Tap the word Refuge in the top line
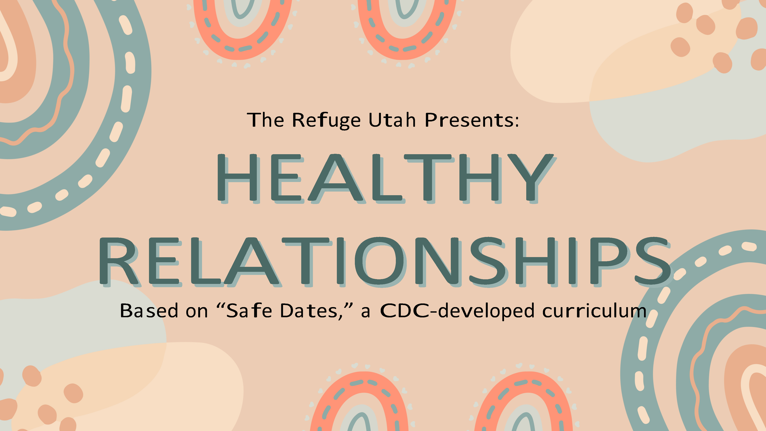(326, 120)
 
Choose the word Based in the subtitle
(149, 311)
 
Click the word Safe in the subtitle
(249, 311)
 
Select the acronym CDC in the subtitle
(404, 311)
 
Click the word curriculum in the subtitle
(594, 311)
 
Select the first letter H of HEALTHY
(237, 178)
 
